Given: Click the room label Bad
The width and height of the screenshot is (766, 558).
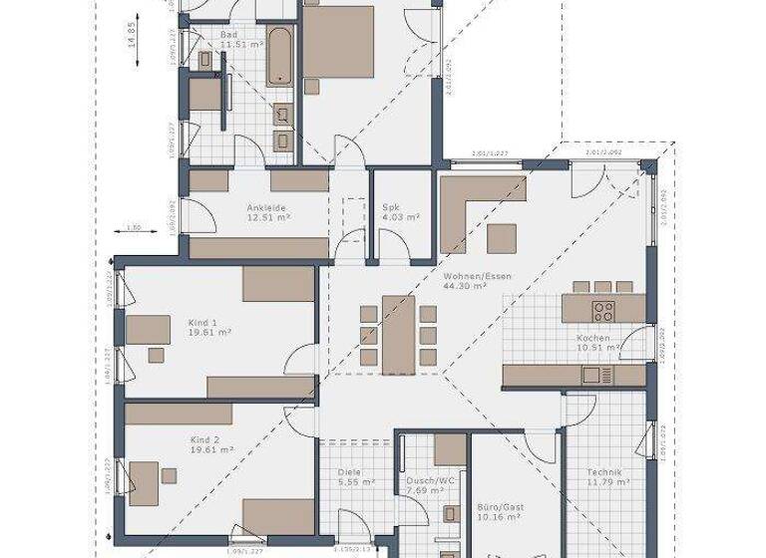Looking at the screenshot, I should (x=228, y=34).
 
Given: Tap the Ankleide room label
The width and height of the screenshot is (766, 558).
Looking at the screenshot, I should (x=266, y=207).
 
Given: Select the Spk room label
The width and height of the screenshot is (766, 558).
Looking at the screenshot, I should (x=390, y=207).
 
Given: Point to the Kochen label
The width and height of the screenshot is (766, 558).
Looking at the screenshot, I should (x=591, y=339).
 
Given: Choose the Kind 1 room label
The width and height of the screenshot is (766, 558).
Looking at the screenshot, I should (x=202, y=323).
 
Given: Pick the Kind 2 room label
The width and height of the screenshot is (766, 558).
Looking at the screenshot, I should (x=203, y=439).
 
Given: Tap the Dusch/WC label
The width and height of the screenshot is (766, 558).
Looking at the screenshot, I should (x=426, y=479).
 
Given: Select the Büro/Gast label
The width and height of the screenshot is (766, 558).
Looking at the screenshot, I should (x=500, y=506).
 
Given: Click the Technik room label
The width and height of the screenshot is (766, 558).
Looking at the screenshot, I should (x=605, y=473).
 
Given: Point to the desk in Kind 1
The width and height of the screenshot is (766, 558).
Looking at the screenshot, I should (x=148, y=329).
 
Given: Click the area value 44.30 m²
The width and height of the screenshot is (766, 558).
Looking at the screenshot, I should (x=465, y=286).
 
